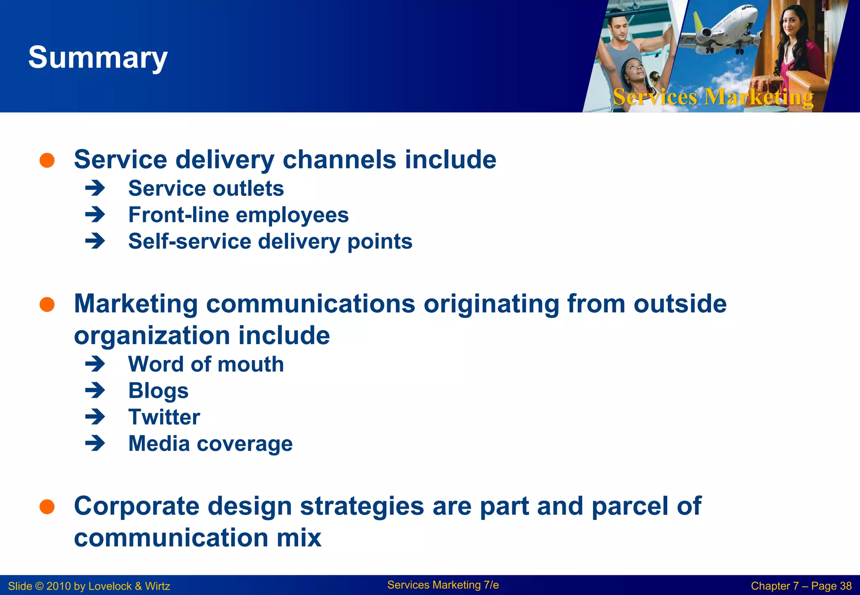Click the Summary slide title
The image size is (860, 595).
tap(98, 58)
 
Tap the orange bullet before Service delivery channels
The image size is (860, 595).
tap(47, 160)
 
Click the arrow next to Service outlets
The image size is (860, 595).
tap(95, 188)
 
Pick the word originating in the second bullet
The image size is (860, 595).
tap(491, 304)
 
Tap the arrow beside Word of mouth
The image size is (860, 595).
tap(95, 364)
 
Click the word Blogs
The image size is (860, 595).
tap(158, 391)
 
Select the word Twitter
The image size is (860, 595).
tap(164, 417)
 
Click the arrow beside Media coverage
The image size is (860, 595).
tap(95, 443)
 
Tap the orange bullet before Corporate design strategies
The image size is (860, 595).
tap(47, 506)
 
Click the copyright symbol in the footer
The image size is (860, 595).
tap(39, 586)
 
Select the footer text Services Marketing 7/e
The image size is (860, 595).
tap(443, 585)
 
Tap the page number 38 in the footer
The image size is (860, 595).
tap(845, 586)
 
